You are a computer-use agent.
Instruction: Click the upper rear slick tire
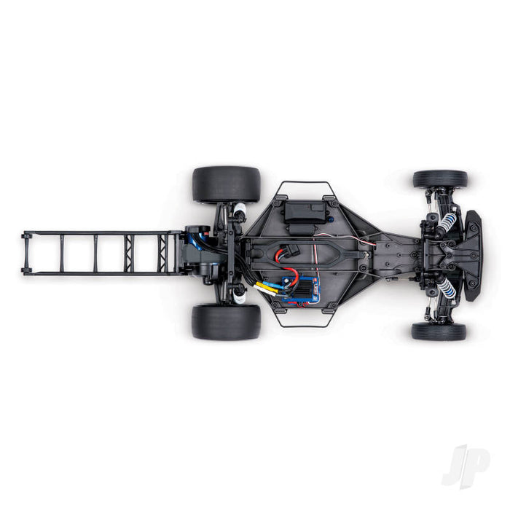pos(226,184)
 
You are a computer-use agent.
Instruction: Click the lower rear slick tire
pos(226,321)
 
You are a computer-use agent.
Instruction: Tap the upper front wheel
pos(440,179)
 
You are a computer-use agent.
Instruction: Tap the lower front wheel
pos(439,332)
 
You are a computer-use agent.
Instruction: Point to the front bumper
pos(473,255)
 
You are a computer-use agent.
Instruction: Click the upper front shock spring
pos(446,222)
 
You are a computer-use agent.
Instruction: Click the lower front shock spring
pos(445,289)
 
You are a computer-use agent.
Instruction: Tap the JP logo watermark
pos(466,466)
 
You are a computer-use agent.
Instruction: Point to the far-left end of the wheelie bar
pos(26,253)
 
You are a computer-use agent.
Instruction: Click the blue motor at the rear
pos(195,237)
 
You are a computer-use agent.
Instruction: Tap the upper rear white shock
pos(239,212)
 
